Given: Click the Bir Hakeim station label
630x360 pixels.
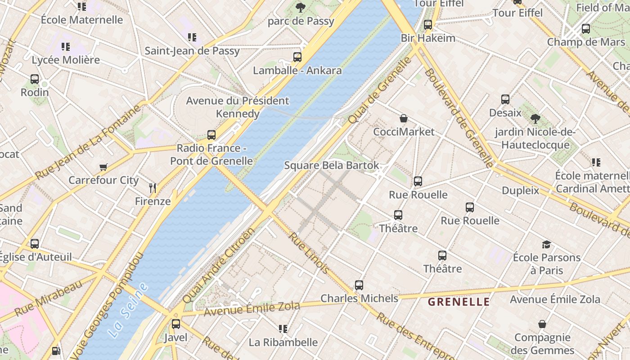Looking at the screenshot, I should point(428,38).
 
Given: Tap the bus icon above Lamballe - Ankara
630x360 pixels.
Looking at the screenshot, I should point(297,57).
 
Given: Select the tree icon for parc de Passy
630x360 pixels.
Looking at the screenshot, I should point(301,8).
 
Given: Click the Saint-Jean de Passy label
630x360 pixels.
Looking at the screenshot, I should point(192,51).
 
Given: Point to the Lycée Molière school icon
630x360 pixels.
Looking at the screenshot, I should point(66,47).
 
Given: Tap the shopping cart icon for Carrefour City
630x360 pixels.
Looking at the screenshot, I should point(103,167).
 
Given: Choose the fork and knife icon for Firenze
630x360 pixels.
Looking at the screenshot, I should point(153,188).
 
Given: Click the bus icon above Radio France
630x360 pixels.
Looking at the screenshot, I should point(211,135).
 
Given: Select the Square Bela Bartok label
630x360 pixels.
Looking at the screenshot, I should point(332,166).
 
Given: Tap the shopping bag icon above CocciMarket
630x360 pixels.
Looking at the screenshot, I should point(404,119).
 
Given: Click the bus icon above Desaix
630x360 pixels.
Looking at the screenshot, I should point(505,99).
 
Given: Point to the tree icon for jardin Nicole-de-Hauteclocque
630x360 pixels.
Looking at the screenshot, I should point(535,119).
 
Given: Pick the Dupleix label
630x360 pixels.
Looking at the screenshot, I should point(520,191).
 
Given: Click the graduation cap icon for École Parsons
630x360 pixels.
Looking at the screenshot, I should point(546,244).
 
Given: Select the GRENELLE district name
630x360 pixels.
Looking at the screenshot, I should point(459,302).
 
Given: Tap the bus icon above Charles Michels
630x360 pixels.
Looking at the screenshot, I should point(359,285).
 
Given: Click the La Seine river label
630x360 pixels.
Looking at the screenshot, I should point(128,310).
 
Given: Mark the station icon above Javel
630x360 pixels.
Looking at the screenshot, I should point(176,324).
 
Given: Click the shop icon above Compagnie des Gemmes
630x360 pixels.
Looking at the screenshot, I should point(542,324).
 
